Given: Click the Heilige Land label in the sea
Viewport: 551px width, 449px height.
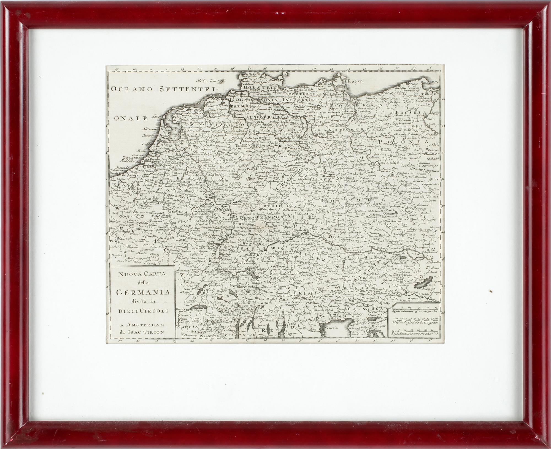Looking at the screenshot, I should point(208,81).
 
